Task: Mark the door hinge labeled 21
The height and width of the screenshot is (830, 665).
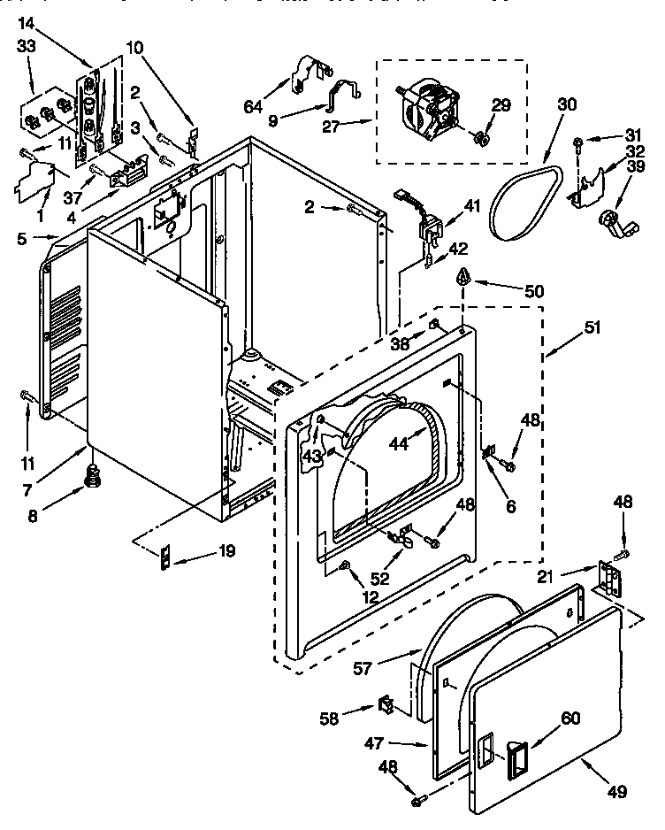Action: [609, 576]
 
